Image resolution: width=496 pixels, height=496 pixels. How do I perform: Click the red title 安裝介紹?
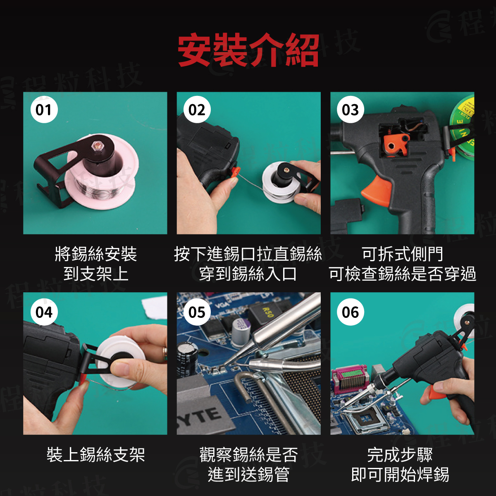[x=248, y=50]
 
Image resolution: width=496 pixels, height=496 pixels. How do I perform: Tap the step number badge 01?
[x=44, y=110]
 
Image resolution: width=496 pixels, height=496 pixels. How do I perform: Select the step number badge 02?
[x=197, y=110]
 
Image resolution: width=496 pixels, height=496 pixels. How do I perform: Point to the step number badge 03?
[x=351, y=110]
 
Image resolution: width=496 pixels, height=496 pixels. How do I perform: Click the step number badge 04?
[x=44, y=312]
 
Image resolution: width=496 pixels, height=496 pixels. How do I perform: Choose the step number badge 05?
[x=197, y=312]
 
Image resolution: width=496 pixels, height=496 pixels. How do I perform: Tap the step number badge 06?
[x=351, y=312]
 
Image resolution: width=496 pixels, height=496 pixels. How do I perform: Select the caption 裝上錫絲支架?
[x=96, y=454]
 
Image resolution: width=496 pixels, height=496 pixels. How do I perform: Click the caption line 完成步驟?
[x=400, y=454]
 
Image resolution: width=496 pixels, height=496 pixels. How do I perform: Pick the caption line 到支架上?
[x=96, y=273]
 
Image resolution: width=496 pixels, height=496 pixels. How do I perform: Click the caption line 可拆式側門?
[x=403, y=254]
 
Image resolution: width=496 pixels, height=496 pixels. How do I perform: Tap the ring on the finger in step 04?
[x=165, y=351]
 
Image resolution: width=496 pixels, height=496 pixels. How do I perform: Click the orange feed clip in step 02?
[x=235, y=171]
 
